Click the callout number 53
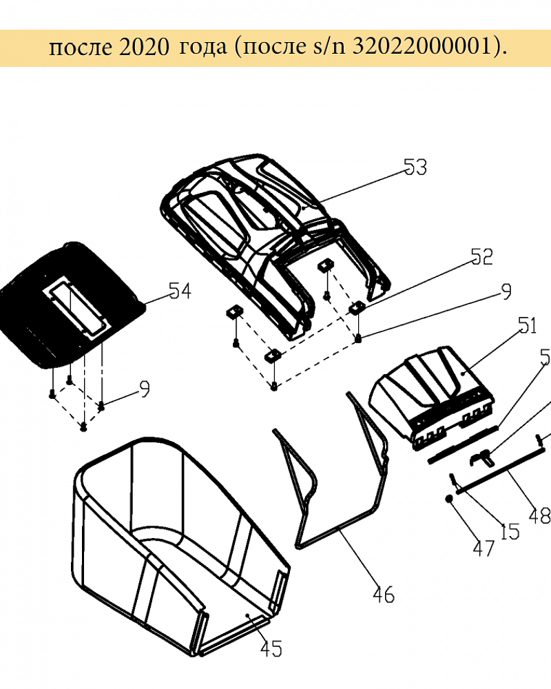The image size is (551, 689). [x=415, y=167]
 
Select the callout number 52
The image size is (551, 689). [x=481, y=256]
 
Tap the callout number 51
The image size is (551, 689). [x=528, y=326]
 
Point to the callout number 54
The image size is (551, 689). [x=180, y=291]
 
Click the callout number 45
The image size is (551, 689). [x=271, y=648]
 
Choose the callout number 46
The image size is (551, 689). [x=384, y=595]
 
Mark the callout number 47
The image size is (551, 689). [x=484, y=548]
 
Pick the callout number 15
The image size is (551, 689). [x=510, y=532]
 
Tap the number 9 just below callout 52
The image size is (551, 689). [x=507, y=291]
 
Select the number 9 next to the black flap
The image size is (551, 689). [x=144, y=389]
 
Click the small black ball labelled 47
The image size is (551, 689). [x=449, y=499]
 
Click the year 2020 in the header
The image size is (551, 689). [x=144, y=47]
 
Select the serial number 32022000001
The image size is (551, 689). [x=422, y=45]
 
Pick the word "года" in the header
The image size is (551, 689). [x=203, y=48]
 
